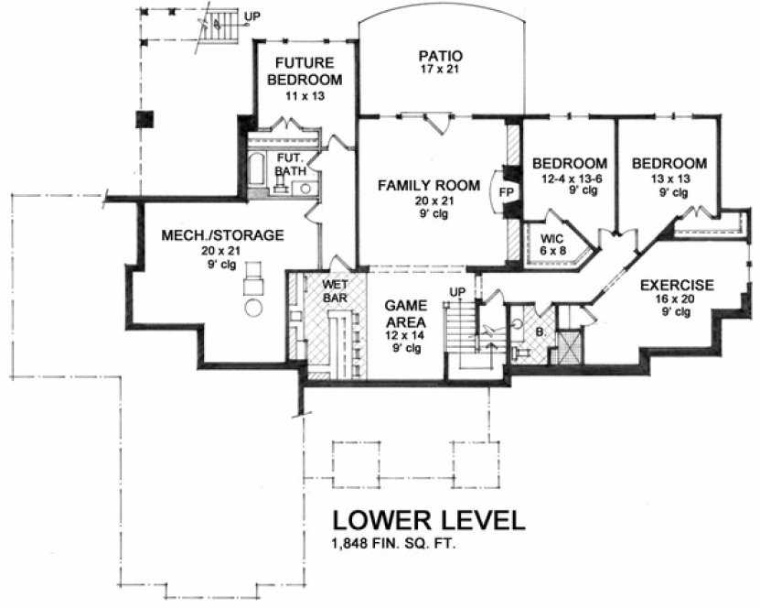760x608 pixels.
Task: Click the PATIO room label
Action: tap(441, 55)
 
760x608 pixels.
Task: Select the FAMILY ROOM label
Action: tap(428, 186)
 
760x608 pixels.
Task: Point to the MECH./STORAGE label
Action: tap(223, 235)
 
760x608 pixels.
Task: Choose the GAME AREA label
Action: tap(402, 313)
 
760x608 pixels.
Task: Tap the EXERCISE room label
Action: tap(677, 284)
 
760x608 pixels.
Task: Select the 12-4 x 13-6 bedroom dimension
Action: tap(570, 179)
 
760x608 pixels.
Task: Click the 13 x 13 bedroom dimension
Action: tap(669, 179)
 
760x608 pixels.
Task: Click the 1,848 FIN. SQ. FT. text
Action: tap(394, 545)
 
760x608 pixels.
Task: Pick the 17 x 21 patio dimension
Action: tap(441, 71)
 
